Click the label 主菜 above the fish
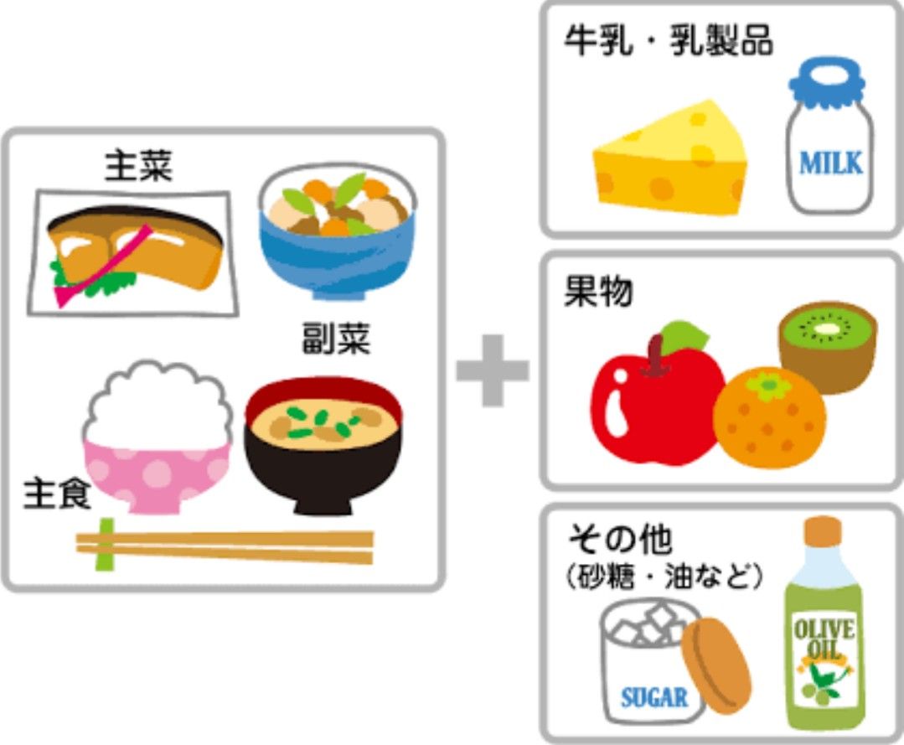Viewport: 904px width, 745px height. (138, 166)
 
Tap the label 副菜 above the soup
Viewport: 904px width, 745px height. (335, 339)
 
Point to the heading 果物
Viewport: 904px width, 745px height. (599, 292)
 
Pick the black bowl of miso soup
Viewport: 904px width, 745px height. (323, 444)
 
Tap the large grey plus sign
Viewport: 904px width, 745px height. (493, 370)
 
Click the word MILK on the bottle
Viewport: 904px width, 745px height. (830, 163)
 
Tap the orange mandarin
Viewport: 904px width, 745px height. (769, 416)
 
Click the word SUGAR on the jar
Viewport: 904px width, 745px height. (654, 696)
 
